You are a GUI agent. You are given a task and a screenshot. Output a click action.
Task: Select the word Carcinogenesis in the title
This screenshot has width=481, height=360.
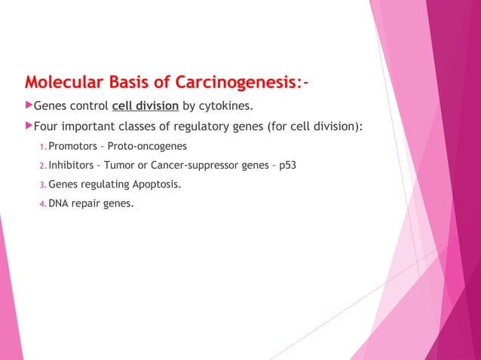pos(236,81)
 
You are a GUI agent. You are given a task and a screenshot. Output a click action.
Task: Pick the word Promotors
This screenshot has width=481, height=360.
pos(71,146)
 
